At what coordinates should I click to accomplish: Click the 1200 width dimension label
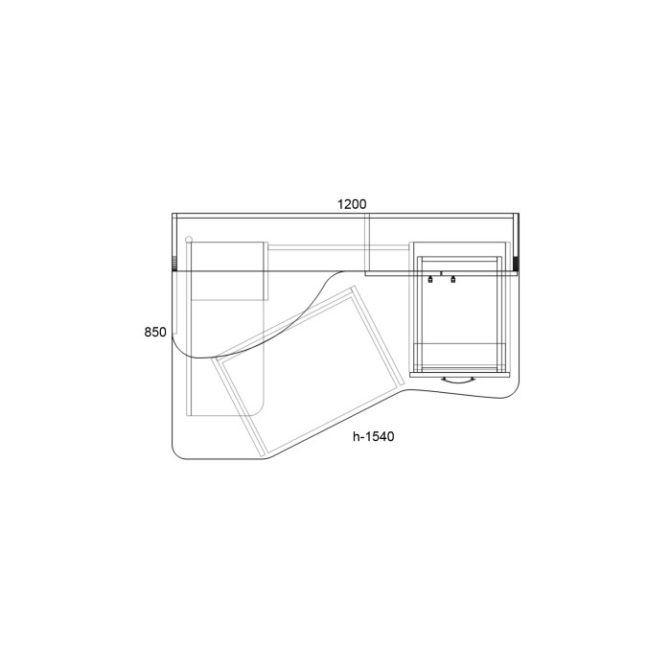[x=352, y=204]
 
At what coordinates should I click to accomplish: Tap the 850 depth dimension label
[x=155, y=332]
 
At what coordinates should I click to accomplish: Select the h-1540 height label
[x=374, y=436]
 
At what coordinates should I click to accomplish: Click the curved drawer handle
[x=458, y=381]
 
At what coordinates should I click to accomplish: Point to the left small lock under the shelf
[x=430, y=280]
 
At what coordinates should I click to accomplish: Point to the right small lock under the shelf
[x=452, y=280]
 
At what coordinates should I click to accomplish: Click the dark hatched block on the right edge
[x=516, y=264]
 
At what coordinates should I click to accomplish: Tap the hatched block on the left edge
[x=174, y=264]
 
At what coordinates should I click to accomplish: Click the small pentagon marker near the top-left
[x=188, y=240]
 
